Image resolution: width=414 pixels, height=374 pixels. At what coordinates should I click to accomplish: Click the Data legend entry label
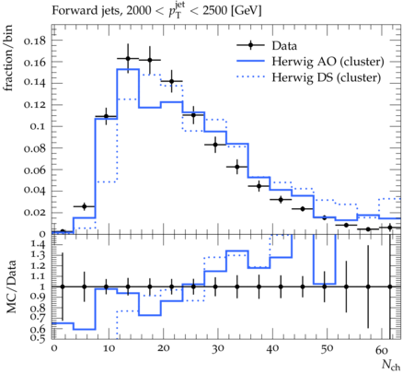(x=284, y=46)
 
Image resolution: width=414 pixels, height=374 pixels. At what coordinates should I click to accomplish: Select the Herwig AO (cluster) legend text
(x=328, y=62)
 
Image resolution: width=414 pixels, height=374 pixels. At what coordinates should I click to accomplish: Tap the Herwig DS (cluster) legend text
(x=327, y=77)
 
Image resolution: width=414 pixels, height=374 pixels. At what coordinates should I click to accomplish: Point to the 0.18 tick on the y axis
(x=35, y=41)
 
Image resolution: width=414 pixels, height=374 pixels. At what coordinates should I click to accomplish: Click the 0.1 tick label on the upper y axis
(x=38, y=126)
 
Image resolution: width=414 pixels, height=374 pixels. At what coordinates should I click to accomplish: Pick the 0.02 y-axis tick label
(x=35, y=213)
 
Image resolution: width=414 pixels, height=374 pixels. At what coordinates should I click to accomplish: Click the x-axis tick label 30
(x=218, y=349)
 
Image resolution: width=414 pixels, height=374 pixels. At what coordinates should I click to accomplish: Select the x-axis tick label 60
(x=382, y=350)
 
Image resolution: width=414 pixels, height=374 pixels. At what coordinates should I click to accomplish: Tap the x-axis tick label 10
(x=109, y=349)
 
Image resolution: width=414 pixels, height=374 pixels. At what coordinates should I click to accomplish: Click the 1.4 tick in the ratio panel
(x=38, y=244)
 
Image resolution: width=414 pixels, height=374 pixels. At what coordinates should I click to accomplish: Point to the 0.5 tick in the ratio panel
(x=38, y=338)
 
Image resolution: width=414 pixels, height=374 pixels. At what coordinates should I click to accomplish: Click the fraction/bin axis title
(x=8, y=58)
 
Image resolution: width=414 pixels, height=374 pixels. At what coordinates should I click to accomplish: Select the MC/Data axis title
(x=11, y=286)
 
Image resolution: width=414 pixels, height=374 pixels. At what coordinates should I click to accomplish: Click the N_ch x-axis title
(x=391, y=365)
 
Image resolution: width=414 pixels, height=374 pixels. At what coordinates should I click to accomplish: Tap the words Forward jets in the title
(x=86, y=11)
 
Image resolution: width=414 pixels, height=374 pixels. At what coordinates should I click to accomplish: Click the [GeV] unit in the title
(x=246, y=11)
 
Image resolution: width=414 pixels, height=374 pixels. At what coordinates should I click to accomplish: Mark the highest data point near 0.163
(x=128, y=59)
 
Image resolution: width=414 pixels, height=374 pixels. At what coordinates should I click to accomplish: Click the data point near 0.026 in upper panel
(x=85, y=206)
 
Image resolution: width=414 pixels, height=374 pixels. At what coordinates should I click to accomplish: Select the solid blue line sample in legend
(x=250, y=61)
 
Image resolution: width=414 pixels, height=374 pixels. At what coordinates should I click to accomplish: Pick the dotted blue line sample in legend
(x=250, y=77)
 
